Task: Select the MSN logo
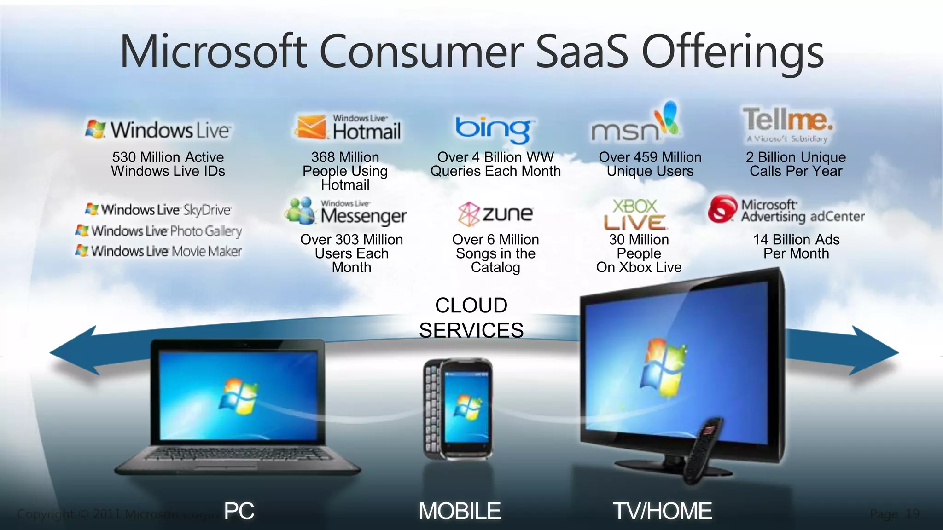point(634,124)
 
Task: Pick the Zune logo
point(495,214)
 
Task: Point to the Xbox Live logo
point(635,214)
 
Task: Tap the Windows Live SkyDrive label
point(158,210)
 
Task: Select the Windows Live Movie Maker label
point(159,251)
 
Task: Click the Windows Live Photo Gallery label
point(159,230)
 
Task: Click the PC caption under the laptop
point(239,511)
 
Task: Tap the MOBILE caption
point(460,511)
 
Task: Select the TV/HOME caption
point(662,511)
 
